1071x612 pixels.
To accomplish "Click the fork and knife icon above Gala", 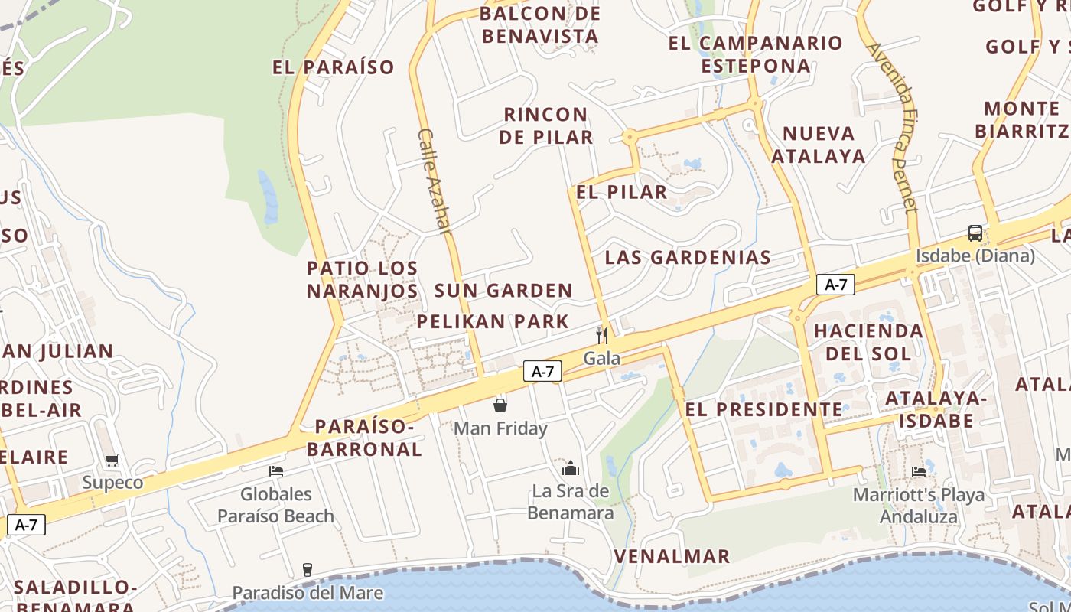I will [x=602, y=335].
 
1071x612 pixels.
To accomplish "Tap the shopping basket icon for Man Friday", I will [x=500, y=405].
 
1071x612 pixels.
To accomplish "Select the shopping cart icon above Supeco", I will [x=112, y=460].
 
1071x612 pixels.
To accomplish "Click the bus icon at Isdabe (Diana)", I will [x=975, y=233].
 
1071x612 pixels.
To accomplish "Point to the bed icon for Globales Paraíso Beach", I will [x=276, y=470].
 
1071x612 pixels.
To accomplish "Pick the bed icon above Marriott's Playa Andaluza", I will [x=919, y=471].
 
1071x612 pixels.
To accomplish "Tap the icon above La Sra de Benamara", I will [x=571, y=467].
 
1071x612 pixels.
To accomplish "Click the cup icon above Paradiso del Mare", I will [x=308, y=569].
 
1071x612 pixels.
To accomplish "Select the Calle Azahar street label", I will [x=434, y=181].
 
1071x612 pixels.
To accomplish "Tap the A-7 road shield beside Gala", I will [x=542, y=372].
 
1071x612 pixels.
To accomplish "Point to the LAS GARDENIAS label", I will [x=688, y=257].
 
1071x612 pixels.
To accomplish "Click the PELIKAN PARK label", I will [x=493, y=321].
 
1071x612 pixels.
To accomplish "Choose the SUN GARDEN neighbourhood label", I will [x=503, y=291].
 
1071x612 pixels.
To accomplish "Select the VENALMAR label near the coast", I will [x=672, y=556].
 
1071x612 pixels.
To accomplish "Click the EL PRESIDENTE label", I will [x=763, y=409].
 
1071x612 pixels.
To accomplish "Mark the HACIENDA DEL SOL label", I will [x=868, y=342].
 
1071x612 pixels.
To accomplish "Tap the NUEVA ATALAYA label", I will [x=819, y=145].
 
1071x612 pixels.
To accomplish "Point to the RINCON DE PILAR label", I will [x=546, y=125].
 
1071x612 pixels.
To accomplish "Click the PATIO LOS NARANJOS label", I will [x=363, y=279].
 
